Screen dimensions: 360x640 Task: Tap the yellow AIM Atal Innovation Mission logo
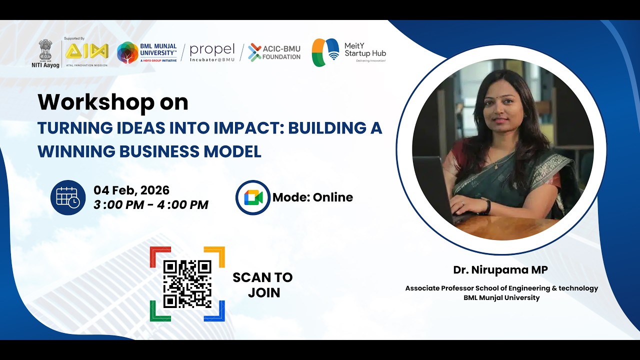86,51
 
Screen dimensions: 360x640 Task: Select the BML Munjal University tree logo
127,52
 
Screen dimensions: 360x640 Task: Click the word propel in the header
212,49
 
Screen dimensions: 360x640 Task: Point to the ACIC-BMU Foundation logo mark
254,52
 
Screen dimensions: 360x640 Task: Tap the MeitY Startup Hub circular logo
325,52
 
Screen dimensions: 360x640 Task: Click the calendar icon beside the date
67,197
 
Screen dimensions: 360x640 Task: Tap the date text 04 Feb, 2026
131,190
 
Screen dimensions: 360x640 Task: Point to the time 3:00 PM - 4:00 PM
151,204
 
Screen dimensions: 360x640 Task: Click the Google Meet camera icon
253,197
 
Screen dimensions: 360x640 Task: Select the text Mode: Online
312,197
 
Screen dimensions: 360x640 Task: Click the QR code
187,283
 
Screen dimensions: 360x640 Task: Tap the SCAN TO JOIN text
262,284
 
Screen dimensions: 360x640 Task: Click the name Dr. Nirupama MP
500,270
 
